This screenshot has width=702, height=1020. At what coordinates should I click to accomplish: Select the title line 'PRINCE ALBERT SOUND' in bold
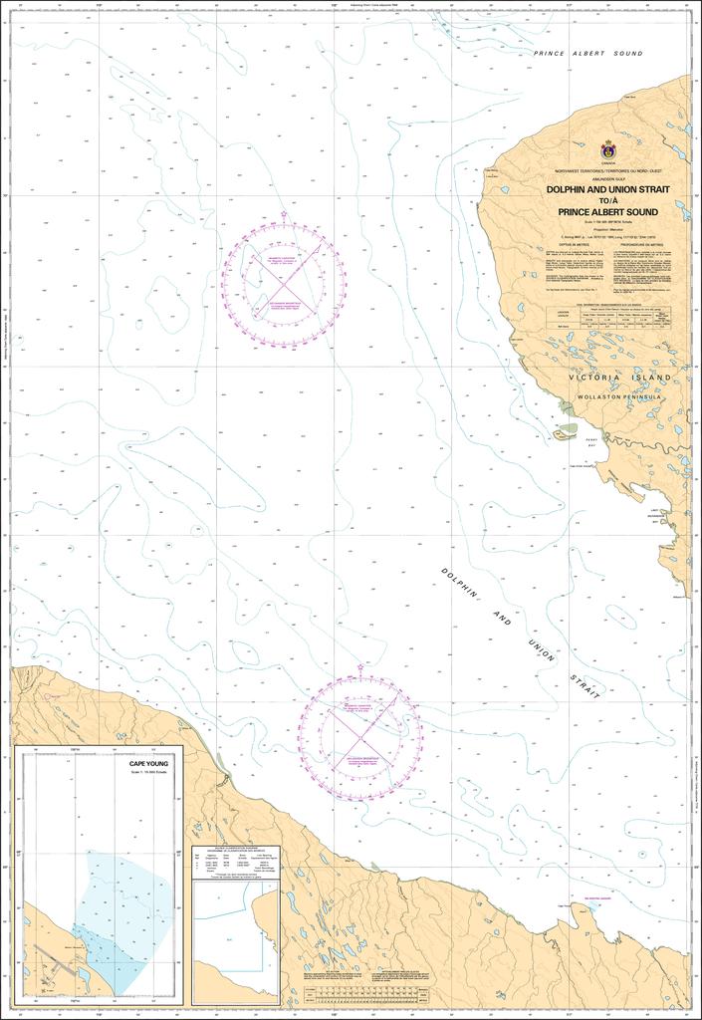pyautogui.click(x=607, y=212)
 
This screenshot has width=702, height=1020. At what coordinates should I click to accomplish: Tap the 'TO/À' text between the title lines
pyautogui.click(x=607, y=201)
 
